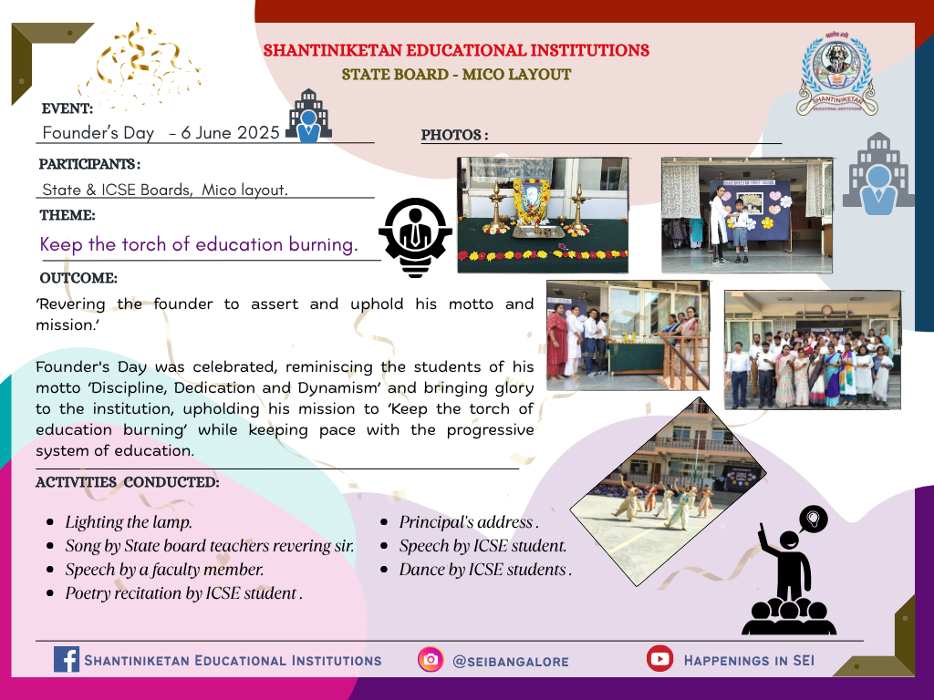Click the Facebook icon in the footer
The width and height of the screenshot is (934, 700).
point(66,660)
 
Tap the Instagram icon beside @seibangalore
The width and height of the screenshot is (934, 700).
point(431,660)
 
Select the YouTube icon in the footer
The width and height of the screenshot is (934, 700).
point(659,658)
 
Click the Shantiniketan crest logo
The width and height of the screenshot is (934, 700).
point(836,74)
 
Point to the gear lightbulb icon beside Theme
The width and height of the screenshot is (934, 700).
point(415,238)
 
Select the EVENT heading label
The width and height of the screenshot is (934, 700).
point(67,108)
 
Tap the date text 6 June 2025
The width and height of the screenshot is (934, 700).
point(230,132)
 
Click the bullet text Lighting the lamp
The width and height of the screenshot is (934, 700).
point(129,522)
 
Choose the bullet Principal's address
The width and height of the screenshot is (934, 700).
point(469,522)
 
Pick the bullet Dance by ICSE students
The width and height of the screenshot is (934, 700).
point(485,570)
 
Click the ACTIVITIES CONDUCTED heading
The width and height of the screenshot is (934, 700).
point(128,482)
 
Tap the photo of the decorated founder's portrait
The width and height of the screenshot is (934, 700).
point(543,215)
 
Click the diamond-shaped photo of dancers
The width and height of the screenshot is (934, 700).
point(669,491)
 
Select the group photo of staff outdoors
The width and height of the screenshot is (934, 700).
point(813,350)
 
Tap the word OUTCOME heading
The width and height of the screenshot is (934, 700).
point(78,278)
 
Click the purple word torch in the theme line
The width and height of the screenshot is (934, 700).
point(145,244)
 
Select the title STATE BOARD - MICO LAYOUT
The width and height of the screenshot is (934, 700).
point(456,75)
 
